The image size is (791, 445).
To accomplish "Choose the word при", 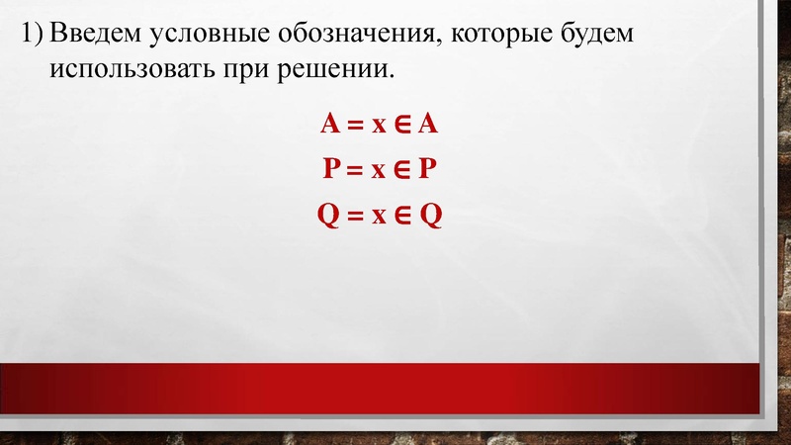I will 259,71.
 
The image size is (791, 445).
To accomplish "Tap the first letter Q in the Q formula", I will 329,215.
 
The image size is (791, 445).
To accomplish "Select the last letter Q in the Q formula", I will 430,215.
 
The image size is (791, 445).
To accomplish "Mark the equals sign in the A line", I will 353,126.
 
